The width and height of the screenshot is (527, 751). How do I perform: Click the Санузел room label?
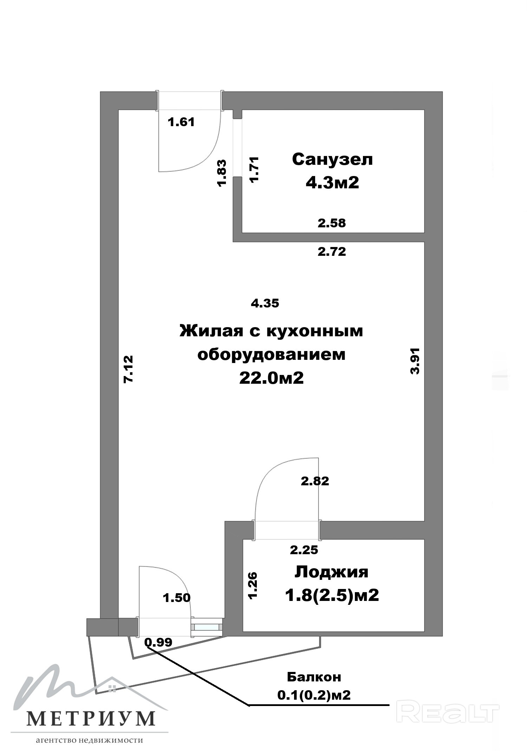coord(332,160)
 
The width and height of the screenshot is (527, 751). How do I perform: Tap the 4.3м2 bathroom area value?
coord(332,183)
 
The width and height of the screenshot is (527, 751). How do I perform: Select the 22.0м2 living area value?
coord(271,378)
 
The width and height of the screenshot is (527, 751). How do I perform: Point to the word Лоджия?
coord(331,572)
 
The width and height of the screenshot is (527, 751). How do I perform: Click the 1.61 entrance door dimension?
coord(181,122)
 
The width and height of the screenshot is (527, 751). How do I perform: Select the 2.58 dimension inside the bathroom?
coord(332,223)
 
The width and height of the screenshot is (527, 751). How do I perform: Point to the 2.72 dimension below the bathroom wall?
coord(332,251)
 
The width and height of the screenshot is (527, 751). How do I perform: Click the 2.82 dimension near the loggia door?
coord(315,481)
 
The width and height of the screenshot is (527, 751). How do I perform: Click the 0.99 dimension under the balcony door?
coord(158,642)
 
